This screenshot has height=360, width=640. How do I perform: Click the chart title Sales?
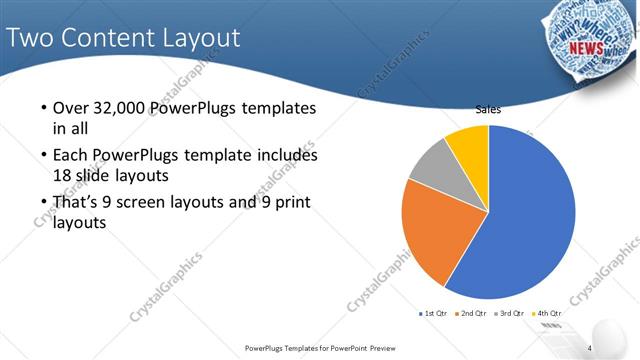click(x=488, y=110)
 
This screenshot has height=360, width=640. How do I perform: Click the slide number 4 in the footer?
click(x=590, y=348)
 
